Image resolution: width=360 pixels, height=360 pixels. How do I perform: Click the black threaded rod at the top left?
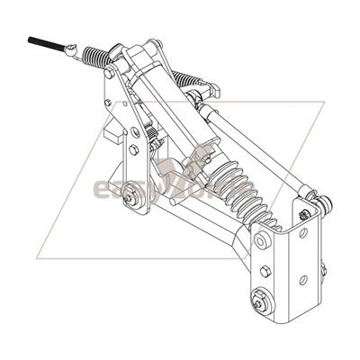[x=45, y=43]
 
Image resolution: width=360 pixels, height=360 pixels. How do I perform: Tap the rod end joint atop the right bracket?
[x=308, y=195]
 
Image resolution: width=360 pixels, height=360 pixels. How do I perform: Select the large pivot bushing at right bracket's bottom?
[x=261, y=303]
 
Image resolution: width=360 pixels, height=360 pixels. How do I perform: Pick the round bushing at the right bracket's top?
[x=262, y=241]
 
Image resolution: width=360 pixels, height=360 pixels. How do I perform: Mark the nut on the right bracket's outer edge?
[x=322, y=267]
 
